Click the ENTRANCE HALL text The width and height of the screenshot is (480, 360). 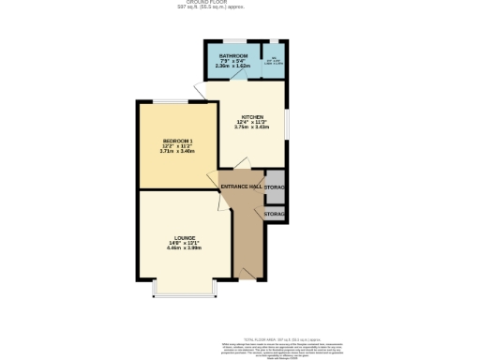tap(241, 187)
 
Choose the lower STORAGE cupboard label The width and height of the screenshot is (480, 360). tap(274, 215)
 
